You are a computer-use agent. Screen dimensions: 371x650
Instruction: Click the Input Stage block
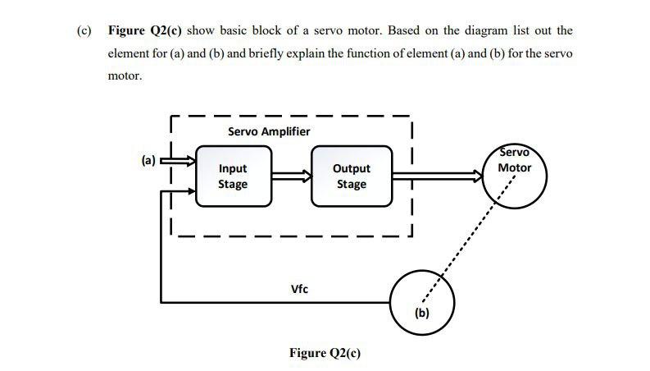[233, 176]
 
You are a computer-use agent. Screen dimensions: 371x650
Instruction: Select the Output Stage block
[351, 176]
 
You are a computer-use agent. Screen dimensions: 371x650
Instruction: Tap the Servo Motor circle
[514, 174]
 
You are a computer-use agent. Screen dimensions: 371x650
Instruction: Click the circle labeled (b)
[422, 296]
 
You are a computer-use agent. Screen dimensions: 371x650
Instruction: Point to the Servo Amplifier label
[268, 131]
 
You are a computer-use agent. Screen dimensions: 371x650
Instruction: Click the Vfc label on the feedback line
[300, 289]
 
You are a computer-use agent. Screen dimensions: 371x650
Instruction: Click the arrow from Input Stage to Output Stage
[291, 175]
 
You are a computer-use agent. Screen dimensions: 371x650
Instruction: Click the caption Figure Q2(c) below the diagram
[325, 353]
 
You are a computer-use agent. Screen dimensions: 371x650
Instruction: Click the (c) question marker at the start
[84, 30]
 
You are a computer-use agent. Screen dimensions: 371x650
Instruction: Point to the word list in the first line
[534, 30]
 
